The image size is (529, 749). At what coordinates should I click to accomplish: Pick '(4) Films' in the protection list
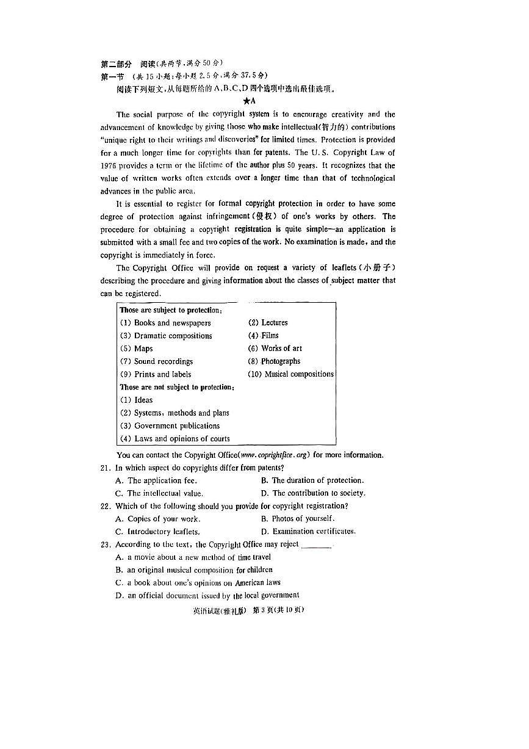click(x=263, y=335)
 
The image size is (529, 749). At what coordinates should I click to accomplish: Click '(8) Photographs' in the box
click(x=274, y=361)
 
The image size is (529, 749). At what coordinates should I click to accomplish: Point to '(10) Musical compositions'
click(x=290, y=374)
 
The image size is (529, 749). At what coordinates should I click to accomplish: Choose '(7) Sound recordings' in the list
click(x=156, y=361)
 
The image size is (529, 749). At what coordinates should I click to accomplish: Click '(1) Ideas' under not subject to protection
click(x=137, y=400)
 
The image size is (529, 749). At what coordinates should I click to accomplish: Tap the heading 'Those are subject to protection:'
click(x=171, y=310)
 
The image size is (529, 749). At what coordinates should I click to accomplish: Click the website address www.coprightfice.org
click(x=275, y=455)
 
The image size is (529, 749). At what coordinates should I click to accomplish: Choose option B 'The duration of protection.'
click(x=312, y=480)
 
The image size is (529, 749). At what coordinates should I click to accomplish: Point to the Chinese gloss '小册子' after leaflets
click(x=379, y=267)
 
